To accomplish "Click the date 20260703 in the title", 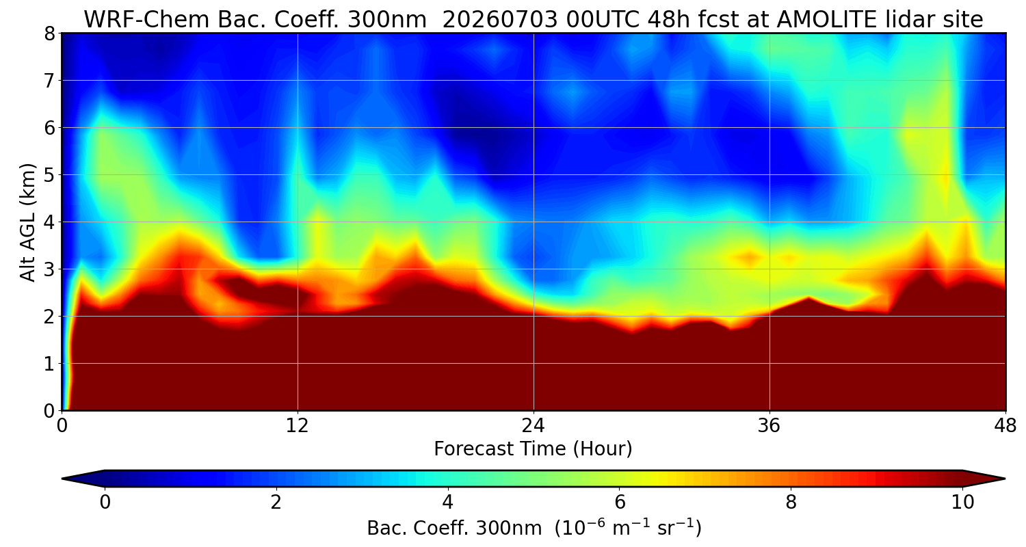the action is point(500,20).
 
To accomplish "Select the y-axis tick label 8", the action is point(50,34).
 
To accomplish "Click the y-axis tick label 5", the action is point(50,175).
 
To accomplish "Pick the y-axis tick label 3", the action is point(50,269).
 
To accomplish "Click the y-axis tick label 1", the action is point(50,364).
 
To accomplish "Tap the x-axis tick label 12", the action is point(298,426).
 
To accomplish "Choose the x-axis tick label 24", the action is point(533,426).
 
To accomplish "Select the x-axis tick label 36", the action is point(769,426).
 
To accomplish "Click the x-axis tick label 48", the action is point(1005,426).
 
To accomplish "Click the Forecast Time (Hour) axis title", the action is point(533,449).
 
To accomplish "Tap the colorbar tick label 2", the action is point(276,503).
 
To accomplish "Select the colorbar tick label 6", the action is point(620,503).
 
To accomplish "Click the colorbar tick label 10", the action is point(962,503).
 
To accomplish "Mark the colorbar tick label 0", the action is point(105,503).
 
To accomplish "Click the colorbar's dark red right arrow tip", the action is point(1005,479).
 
